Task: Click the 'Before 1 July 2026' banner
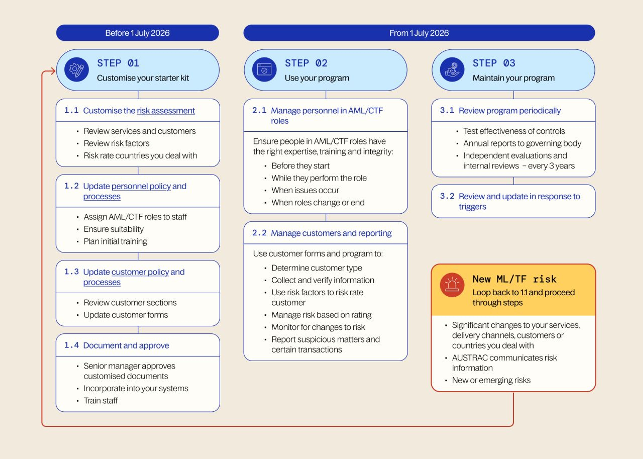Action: (137, 33)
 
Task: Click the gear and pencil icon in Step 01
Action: (77, 70)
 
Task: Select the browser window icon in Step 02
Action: (264, 70)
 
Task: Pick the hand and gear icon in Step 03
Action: (452, 70)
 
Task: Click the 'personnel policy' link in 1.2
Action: (141, 186)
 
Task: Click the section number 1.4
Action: (71, 345)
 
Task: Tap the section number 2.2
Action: (259, 233)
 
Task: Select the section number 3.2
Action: (447, 196)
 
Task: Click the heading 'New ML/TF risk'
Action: (514, 279)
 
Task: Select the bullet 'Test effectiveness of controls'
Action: (514, 131)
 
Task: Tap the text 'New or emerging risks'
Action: (491, 380)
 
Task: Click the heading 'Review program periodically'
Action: (509, 110)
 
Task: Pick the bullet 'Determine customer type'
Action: (316, 268)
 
